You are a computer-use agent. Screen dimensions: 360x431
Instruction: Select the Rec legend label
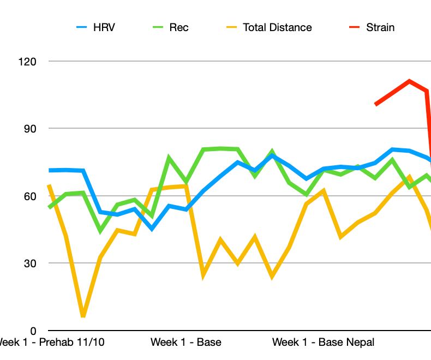(x=179, y=27)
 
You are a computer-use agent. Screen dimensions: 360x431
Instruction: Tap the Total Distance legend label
(x=277, y=27)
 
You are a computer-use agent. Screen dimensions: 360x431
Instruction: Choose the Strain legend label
(x=380, y=27)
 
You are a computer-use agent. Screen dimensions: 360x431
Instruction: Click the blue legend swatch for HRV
(x=82, y=27)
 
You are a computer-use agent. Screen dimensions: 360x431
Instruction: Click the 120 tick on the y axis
(x=26, y=62)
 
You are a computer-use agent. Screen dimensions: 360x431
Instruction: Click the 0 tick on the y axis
(x=33, y=331)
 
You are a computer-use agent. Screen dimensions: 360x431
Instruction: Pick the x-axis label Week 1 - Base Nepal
(x=324, y=343)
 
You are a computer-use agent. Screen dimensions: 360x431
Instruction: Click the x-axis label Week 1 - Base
(x=186, y=343)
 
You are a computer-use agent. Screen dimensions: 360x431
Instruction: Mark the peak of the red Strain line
(x=409, y=81)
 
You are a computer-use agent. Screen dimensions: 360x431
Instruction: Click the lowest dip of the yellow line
(x=83, y=315)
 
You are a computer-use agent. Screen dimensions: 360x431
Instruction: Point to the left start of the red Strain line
(x=375, y=104)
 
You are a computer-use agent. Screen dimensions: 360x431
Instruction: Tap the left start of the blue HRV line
(x=50, y=170)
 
